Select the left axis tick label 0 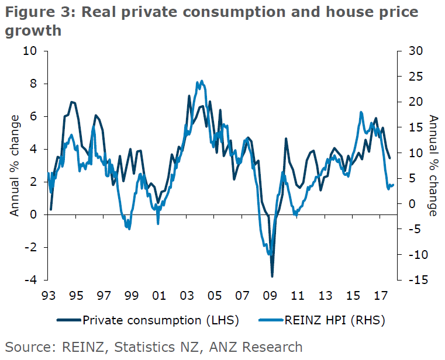click(x=34, y=214)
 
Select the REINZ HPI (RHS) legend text click(x=336, y=320)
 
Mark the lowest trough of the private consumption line click(x=272, y=276)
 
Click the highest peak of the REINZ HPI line click(x=202, y=81)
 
